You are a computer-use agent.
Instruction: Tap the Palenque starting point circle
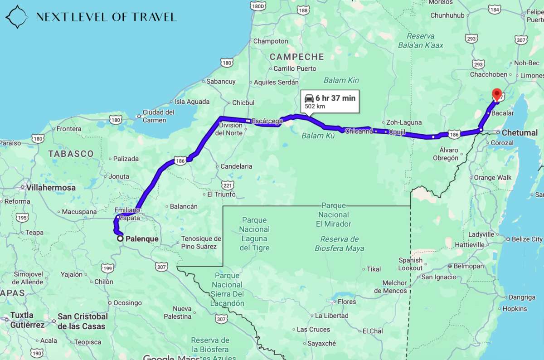pos(120,238)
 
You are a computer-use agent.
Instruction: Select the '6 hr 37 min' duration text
pos(336,98)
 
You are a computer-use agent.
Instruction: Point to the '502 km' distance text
pos(315,106)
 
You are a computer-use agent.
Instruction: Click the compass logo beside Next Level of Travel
pos(17,17)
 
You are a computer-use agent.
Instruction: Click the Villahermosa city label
pos(51,187)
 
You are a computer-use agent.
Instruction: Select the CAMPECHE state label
pos(297,57)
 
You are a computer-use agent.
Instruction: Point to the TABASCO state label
pos(71,154)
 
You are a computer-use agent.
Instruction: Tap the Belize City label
pos(527,239)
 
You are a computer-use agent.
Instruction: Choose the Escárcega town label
pos(267,121)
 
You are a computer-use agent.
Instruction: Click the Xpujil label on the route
pos(398,131)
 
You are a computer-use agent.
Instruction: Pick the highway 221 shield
pos(228,185)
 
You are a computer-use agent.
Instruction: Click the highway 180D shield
pos(257,6)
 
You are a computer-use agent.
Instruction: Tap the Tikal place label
pos(374,269)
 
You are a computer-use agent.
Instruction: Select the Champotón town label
pos(271,41)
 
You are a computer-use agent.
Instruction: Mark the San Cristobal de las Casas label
pos(83,321)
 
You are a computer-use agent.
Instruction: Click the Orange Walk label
pos(493,178)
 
